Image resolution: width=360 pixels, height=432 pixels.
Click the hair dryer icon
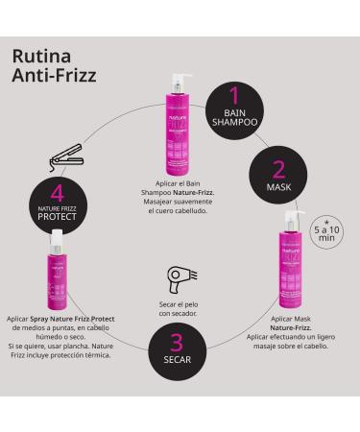pyautogui.click(x=179, y=280)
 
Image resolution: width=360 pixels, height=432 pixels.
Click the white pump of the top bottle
pyautogui.click(x=179, y=77)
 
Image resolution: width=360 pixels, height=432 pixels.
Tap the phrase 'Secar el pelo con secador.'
pyautogui.click(x=179, y=307)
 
